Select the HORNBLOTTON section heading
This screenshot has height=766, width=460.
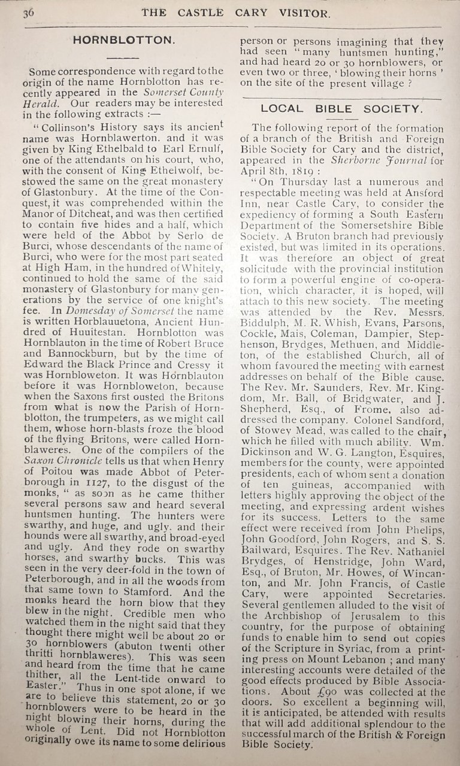(123, 41)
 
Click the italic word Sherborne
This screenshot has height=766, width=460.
(352, 160)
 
